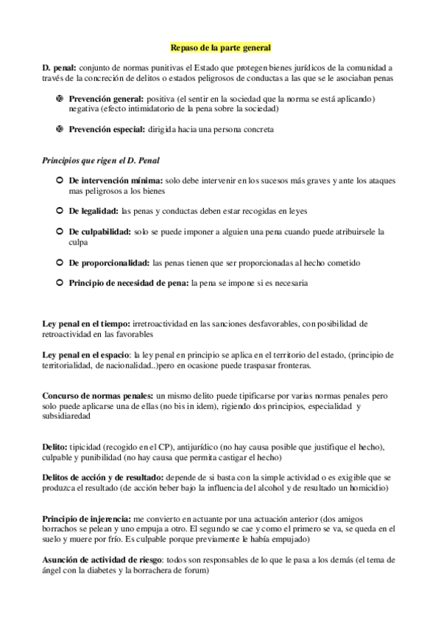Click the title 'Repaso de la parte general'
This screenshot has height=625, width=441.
[x=220, y=48]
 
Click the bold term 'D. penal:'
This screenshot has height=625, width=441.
[x=59, y=68]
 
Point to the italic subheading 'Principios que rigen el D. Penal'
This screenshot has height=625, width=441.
[x=101, y=159]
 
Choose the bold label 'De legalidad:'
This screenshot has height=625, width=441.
[x=94, y=211]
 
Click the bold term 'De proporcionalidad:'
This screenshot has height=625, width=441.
[x=109, y=262]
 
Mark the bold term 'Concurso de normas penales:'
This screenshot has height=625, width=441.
[x=98, y=396]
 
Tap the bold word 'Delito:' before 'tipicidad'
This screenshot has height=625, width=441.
[x=54, y=447]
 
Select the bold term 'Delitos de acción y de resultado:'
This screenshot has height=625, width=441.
[x=104, y=478]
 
